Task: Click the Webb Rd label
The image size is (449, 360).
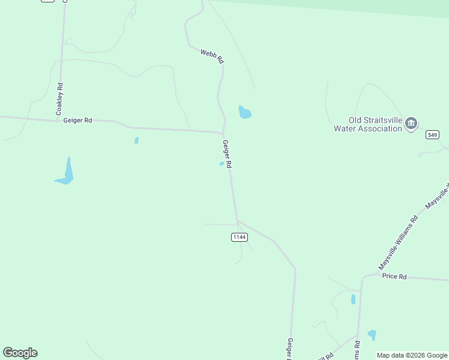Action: [212, 57]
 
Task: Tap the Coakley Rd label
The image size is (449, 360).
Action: [59, 100]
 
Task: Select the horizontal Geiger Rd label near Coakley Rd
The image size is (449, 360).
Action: [77, 121]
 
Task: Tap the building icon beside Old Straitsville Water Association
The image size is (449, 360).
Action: [411, 124]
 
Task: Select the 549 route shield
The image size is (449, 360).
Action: [432, 135]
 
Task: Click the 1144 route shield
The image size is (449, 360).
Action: [239, 237]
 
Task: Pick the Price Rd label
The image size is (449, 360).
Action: [394, 277]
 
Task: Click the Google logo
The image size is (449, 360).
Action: [20, 353]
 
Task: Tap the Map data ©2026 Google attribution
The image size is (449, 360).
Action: [412, 355]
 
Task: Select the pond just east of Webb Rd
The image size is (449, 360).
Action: [244, 112]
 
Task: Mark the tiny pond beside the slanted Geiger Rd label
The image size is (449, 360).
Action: [221, 164]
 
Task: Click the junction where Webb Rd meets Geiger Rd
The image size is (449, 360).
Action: [223, 133]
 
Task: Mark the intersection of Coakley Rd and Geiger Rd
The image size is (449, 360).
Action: [59, 120]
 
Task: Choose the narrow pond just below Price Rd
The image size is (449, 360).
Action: [353, 299]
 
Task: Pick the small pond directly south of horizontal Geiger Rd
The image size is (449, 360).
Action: [136, 140]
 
